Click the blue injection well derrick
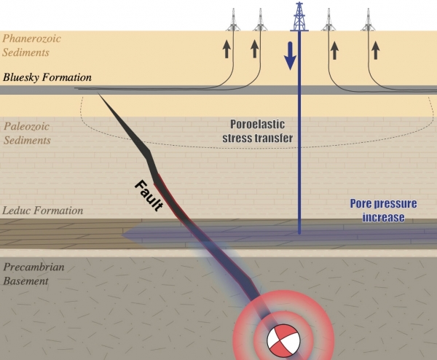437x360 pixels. tap(299, 17)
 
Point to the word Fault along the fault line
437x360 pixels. tap(149, 195)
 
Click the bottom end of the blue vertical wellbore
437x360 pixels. tap(299, 232)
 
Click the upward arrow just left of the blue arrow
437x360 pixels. tap(254, 50)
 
